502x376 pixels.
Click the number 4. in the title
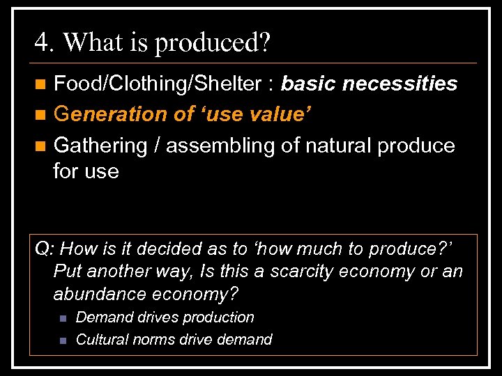[45, 42]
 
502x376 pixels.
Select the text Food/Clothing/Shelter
[158, 84]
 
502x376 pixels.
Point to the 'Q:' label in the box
[47, 249]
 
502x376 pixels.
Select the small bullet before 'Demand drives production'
[62, 318]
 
